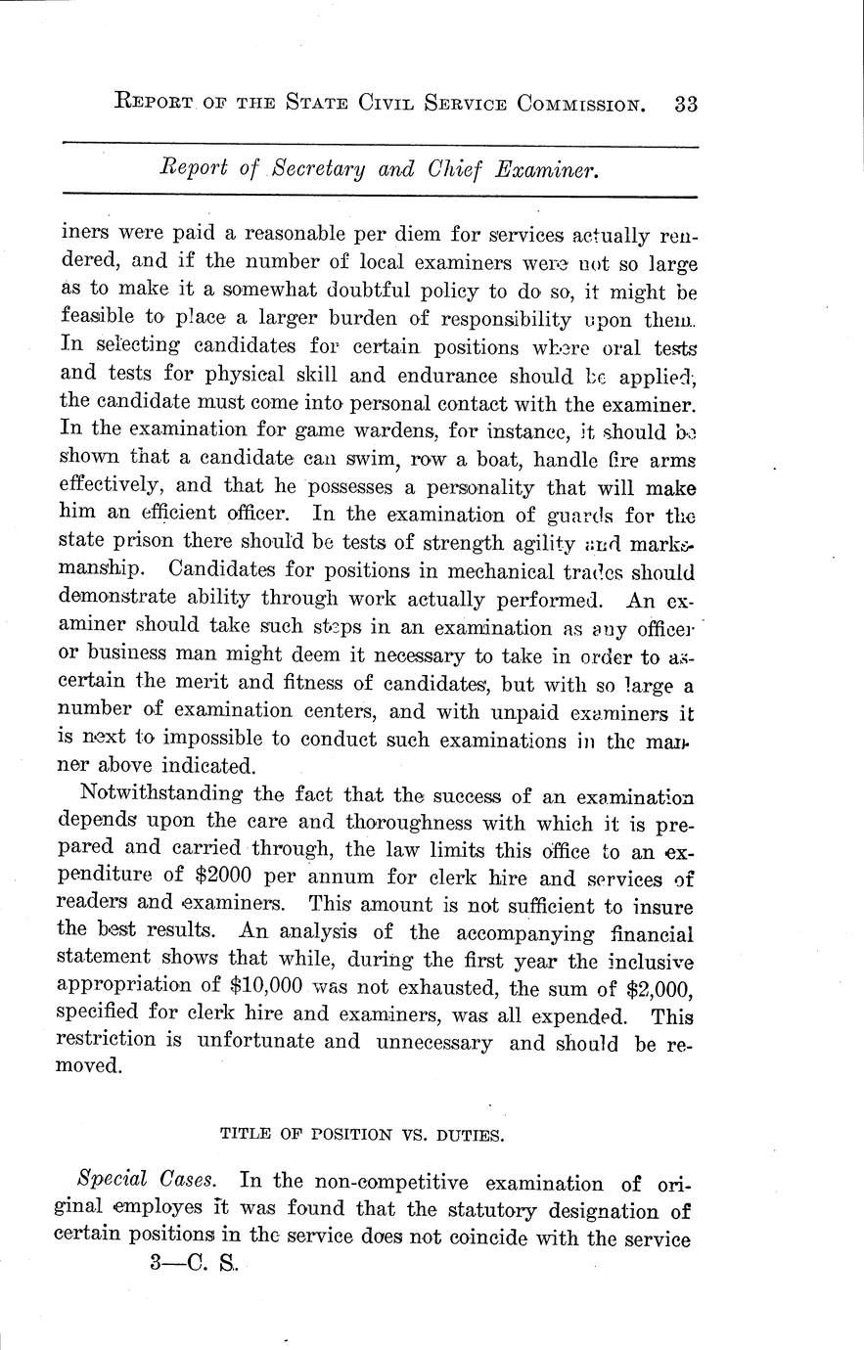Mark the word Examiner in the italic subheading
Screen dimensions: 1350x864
click(546, 169)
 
